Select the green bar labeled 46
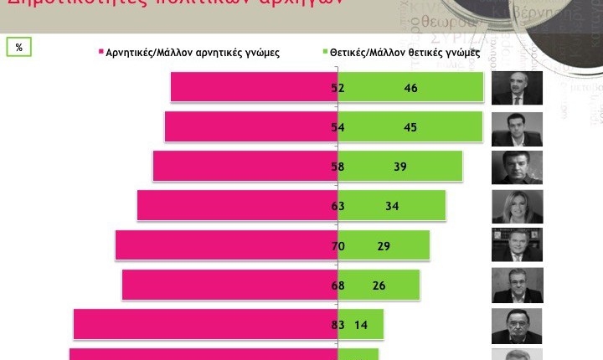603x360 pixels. coord(410,88)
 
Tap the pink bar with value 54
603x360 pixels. coord(250,126)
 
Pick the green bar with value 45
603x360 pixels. coord(410,126)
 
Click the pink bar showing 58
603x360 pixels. coord(245,166)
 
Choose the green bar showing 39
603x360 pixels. coord(400,166)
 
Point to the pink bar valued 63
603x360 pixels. coord(237,205)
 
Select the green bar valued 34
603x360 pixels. coord(392,205)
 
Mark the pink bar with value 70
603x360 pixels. coord(226,244)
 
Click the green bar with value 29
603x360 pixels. coord(384,244)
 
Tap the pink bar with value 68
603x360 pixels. coord(229,284)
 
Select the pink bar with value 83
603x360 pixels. coord(205,324)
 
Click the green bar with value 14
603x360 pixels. coord(361,324)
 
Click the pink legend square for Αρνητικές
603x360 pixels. coord(100,52)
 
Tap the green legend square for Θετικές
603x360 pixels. coord(304,52)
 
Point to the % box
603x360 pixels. coord(18,47)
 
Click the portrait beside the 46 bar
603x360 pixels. coord(517,88)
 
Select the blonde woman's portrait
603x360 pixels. coord(517,206)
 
